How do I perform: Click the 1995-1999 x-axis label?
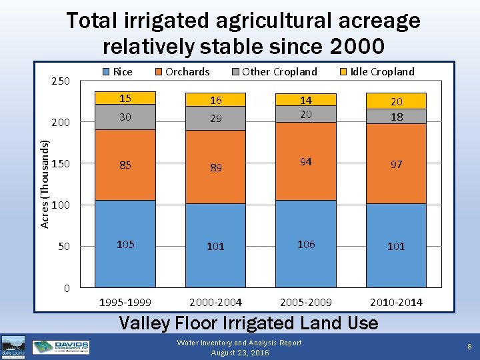tap(125, 302)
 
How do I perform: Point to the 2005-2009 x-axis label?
tap(306, 302)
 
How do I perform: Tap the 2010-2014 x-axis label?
tap(396, 302)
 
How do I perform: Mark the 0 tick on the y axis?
tap(66, 288)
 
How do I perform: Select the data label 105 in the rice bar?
tap(125, 244)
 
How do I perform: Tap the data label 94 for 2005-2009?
tap(306, 162)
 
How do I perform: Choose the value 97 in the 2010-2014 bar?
tap(396, 164)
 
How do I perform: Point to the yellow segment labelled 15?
tap(125, 99)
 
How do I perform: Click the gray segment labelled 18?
tap(396, 117)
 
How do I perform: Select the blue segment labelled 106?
tap(306, 244)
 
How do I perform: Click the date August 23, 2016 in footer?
tap(240, 353)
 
